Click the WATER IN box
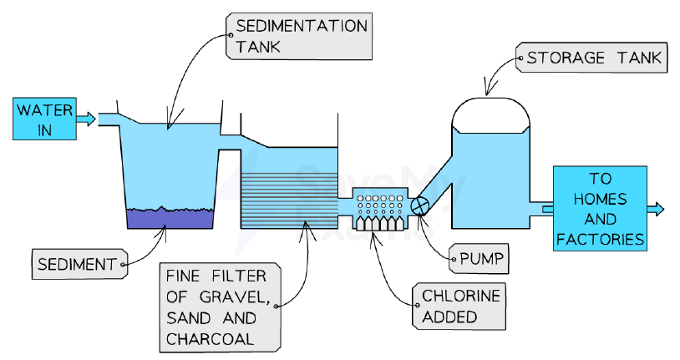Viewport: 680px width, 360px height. click(44, 119)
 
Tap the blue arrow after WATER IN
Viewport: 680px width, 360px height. click(86, 119)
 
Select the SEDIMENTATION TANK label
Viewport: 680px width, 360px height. click(299, 36)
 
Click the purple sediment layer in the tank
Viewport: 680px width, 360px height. click(170, 218)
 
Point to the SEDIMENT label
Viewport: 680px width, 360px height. click(80, 264)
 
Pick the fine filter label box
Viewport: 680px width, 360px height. click(220, 307)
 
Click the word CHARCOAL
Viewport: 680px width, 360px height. click(210, 339)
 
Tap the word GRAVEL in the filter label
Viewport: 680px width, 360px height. click(235, 297)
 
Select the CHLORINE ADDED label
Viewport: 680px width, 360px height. click(459, 307)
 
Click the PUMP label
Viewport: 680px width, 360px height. click(479, 259)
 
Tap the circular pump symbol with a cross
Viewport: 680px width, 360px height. click(419, 205)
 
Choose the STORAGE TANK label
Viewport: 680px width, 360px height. click(591, 58)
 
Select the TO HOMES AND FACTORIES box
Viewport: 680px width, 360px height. click(600, 208)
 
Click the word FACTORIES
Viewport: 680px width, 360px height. click(600, 239)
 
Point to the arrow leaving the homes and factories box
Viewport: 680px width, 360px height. click(655, 209)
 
